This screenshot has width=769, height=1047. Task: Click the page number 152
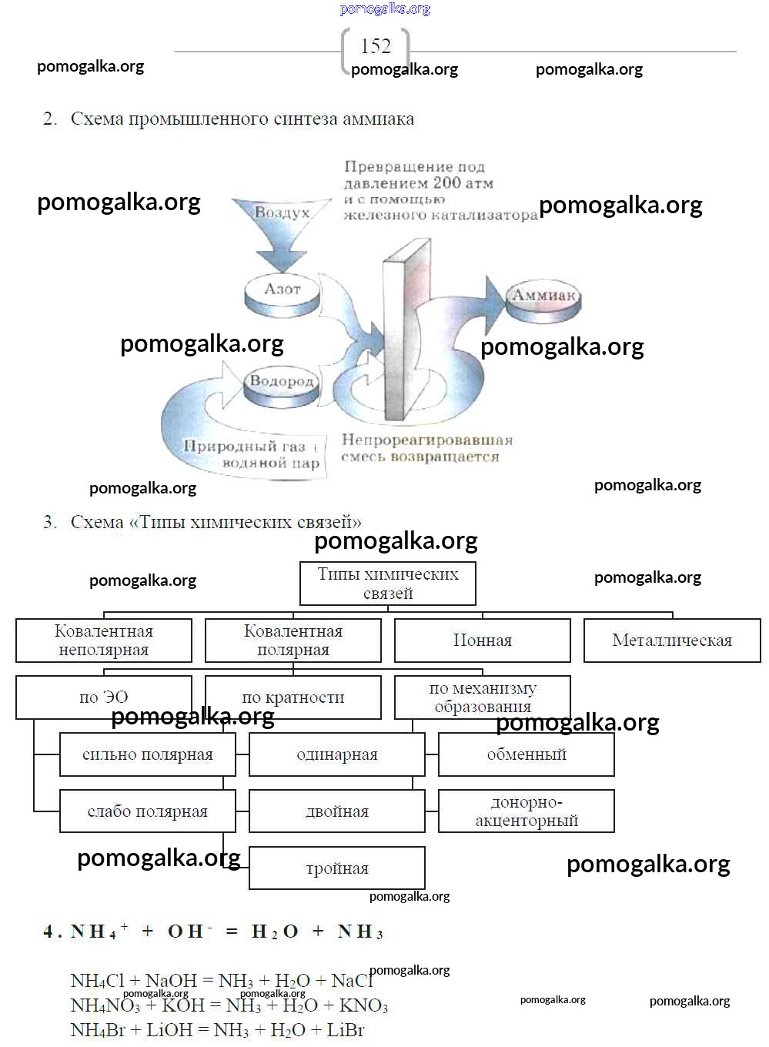click(375, 46)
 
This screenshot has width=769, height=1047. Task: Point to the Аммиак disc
click(543, 299)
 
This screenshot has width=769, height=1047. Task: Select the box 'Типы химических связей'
click(387, 584)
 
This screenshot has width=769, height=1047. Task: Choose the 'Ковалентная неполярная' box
click(104, 641)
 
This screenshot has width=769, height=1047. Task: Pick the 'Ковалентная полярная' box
click(293, 641)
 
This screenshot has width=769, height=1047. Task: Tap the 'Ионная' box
click(483, 641)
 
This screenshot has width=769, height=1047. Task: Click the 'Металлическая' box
click(672, 641)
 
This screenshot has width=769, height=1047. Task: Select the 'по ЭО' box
click(104, 697)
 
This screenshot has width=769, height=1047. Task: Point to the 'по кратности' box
click(293, 697)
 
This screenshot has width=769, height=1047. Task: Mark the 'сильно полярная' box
click(148, 754)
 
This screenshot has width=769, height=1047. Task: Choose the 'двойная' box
click(337, 811)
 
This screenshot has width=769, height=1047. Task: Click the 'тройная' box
click(337, 868)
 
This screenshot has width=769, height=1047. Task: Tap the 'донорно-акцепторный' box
click(527, 811)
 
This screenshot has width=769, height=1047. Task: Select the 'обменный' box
click(527, 754)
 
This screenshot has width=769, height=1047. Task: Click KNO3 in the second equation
click(363, 1005)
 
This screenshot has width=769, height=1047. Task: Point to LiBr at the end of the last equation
click(345, 1030)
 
